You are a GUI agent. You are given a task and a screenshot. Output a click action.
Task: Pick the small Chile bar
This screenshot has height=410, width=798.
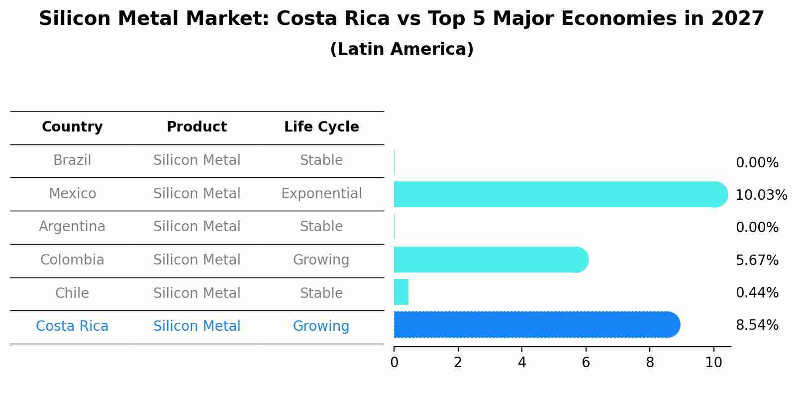coord(401,292)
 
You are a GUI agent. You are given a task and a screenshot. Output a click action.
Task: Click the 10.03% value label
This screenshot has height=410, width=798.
coord(761,195)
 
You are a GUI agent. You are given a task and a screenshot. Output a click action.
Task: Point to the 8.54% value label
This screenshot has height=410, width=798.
coord(757,325)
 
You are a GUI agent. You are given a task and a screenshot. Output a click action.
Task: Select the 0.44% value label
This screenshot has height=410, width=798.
coord(757,293)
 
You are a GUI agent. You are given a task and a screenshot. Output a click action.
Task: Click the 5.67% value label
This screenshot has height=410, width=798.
coord(757,261)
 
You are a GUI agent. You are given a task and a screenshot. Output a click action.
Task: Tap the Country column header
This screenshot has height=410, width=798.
coord(72,127)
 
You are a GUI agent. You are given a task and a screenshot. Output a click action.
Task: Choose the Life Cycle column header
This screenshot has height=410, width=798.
coord(321,127)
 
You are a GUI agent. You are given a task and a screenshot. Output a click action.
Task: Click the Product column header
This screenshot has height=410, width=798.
coord(197,127)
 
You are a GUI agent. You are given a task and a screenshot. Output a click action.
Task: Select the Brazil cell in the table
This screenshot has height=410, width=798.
coord(72,160)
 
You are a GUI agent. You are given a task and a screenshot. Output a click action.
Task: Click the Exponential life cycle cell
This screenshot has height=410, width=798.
coord(321,194)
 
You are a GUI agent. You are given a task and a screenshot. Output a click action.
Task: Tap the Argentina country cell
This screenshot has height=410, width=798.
coord(72,227)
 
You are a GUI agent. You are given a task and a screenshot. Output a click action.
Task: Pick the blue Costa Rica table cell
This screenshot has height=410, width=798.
coord(72,326)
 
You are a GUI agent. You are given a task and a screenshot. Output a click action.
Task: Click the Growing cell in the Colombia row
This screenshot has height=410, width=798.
coord(321,260)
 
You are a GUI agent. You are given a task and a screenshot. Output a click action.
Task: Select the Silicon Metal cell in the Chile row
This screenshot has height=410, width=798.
coord(197,293)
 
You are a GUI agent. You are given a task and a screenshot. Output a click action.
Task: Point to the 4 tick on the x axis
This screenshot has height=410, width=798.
coord(522,363)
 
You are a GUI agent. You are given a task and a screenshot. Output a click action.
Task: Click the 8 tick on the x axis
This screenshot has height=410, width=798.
coord(650,363)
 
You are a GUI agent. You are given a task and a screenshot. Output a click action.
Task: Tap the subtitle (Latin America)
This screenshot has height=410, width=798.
coord(401,49)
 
